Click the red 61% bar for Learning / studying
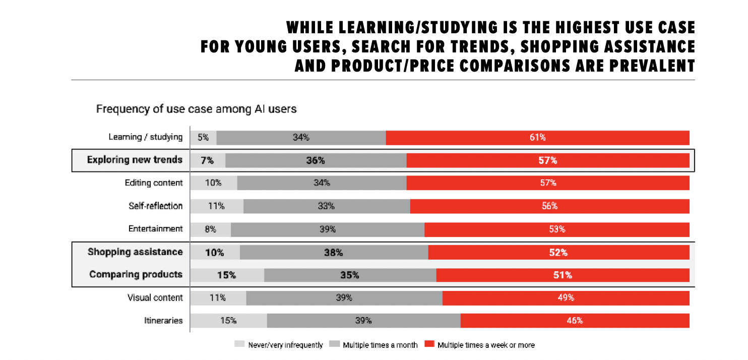click(537, 137)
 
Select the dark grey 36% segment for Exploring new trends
click(316, 160)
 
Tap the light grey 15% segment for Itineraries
click(228, 321)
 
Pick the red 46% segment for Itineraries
click(575, 321)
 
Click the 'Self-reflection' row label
click(155, 206)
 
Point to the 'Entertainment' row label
click(155, 229)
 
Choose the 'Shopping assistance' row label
click(135, 252)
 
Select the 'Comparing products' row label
click(136, 275)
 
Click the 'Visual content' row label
click(155, 298)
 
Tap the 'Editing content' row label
click(154, 183)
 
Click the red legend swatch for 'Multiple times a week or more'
click(429, 345)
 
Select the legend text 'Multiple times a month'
click(380, 345)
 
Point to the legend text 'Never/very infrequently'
click(285, 345)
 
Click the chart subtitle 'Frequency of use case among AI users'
click(197, 108)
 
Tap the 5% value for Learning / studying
click(203, 137)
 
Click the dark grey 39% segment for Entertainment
click(328, 229)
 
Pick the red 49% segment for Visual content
click(566, 298)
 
